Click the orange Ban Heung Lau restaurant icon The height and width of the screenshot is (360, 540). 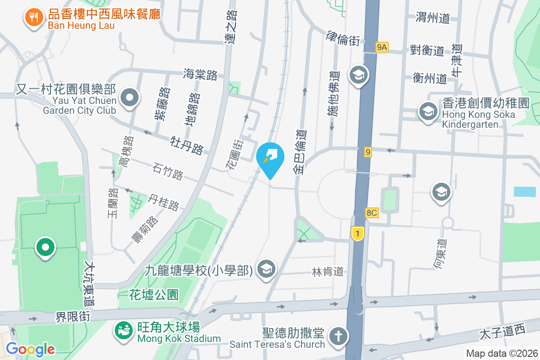[33, 18]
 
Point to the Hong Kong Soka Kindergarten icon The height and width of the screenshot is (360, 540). [427, 111]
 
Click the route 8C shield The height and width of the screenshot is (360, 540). [372, 213]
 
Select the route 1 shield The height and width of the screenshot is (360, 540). [357, 233]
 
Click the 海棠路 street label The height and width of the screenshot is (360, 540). [200, 74]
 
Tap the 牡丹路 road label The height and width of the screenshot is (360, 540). [187, 144]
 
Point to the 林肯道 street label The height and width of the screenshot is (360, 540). [328, 271]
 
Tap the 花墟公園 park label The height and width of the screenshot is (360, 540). [154, 295]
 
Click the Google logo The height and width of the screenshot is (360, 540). [31, 349]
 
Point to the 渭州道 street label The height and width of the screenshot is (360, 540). [433, 18]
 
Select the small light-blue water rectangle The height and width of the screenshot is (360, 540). [525, 191]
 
